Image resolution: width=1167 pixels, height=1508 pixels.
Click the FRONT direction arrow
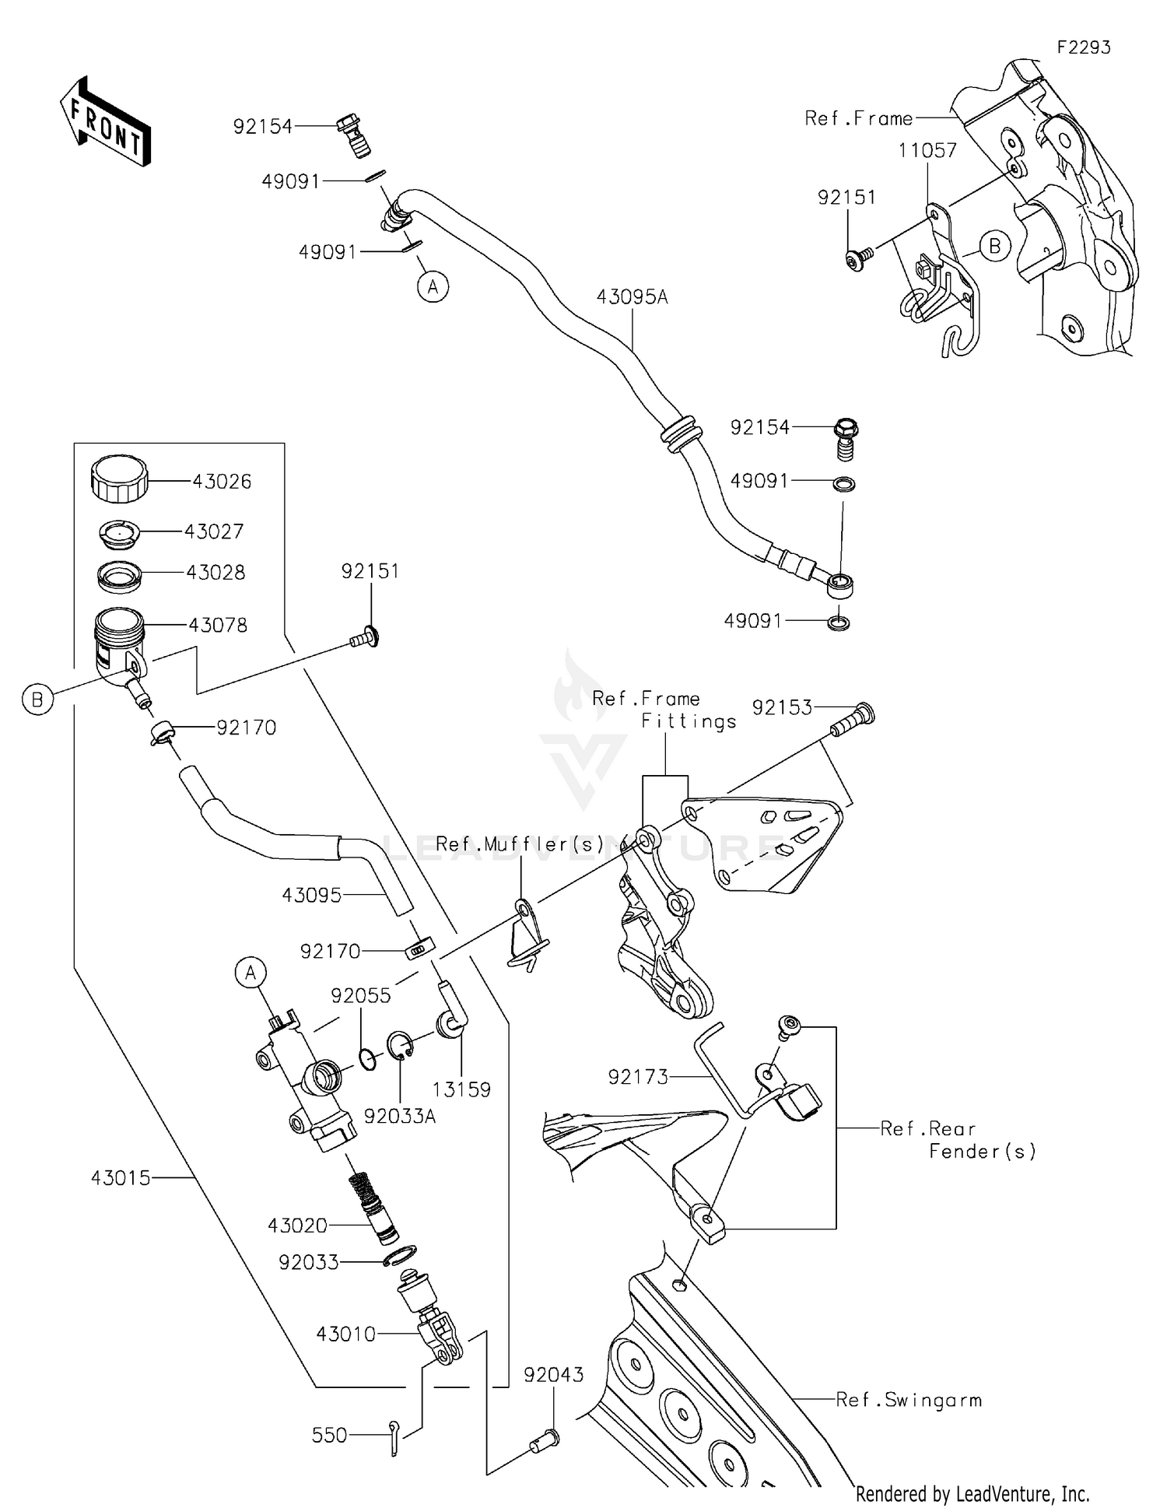tap(105, 122)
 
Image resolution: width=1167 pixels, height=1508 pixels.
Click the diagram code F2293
tap(1083, 47)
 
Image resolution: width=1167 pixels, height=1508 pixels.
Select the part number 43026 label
tap(222, 482)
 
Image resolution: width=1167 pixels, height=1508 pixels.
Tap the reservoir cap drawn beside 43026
tap(119, 478)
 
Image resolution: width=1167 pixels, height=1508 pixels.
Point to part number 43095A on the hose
tap(632, 297)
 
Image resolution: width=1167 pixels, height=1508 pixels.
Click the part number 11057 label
tap(927, 150)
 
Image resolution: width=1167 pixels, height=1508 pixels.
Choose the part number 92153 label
tap(781, 707)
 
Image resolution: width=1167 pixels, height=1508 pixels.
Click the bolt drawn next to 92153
tap(853, 719)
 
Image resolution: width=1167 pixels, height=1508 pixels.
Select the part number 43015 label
tap(121, 1178)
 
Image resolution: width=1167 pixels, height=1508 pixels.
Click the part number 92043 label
tap(553, 1375)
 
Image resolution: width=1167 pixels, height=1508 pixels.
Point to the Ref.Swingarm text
tap(909, 1400)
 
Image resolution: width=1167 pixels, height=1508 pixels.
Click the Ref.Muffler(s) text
tap(520, 844)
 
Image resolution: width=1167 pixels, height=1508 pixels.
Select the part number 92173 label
tap(638, 1077)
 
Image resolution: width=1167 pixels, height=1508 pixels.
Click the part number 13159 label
tap(461, 1089)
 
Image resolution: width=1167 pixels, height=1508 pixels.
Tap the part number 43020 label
tap(297, 1226)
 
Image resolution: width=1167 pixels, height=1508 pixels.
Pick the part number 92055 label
tap(360, 996)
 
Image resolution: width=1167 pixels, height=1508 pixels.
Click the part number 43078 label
tap(218, 625)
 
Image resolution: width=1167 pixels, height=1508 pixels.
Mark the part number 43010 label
tap(345, 1334)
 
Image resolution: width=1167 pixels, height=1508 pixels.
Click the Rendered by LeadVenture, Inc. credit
tap(972, 1493)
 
